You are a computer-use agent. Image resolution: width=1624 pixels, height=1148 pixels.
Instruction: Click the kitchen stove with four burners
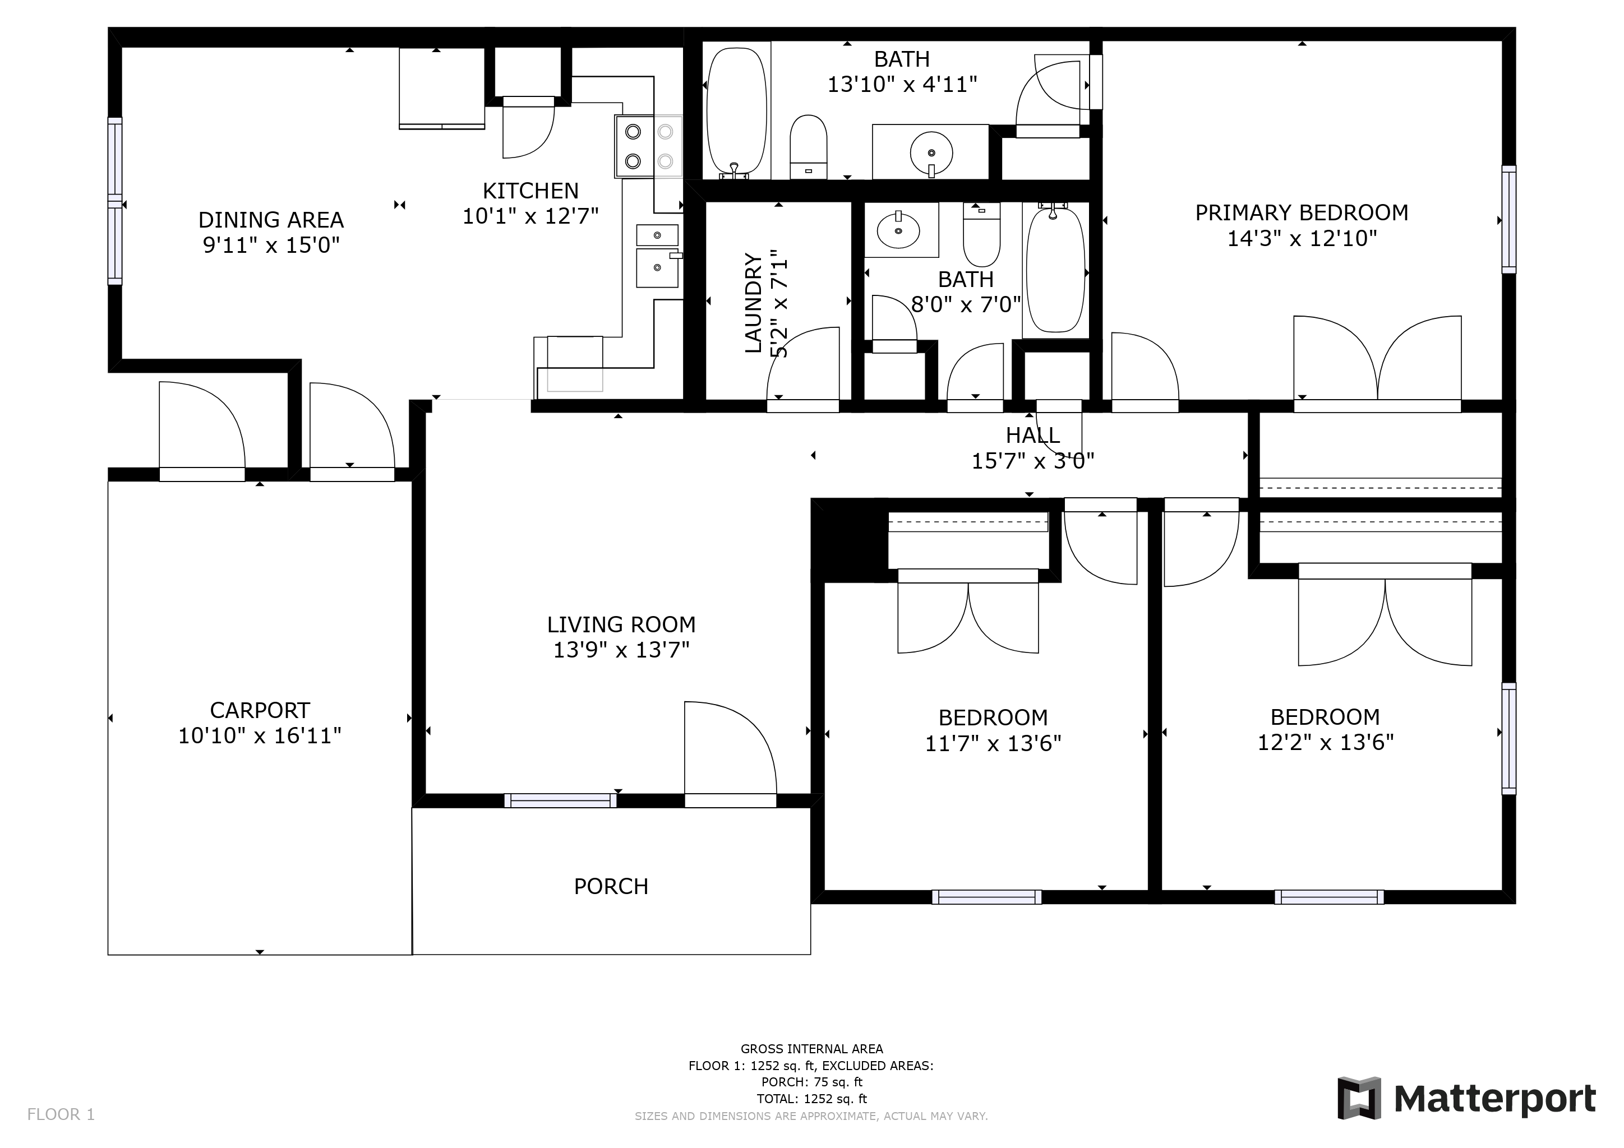648,146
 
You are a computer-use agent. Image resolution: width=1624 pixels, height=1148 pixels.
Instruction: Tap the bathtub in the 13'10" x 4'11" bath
736,112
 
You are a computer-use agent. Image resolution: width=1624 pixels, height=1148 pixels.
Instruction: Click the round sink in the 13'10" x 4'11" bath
931,152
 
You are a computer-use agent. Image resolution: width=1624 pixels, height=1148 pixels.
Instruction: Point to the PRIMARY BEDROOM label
1301,213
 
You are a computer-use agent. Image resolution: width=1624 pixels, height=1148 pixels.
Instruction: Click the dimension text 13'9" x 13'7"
620,650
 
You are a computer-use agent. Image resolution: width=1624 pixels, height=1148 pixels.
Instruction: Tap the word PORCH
611,886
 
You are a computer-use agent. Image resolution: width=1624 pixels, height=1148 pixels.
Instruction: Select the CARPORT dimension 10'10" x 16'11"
259,736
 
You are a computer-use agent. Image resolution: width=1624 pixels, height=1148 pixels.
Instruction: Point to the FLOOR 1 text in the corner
61,1115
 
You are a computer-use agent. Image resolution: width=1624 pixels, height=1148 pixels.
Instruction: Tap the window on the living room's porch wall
560,801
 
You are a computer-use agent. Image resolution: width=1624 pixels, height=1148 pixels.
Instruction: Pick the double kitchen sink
657,256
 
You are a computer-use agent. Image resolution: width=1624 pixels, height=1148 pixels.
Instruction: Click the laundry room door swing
804,368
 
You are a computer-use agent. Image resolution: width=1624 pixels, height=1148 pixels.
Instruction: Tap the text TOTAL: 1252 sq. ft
811,1099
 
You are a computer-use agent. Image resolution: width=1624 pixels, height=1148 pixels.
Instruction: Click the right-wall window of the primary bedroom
1508,219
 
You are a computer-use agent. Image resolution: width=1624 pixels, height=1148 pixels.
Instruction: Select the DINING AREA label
271,220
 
